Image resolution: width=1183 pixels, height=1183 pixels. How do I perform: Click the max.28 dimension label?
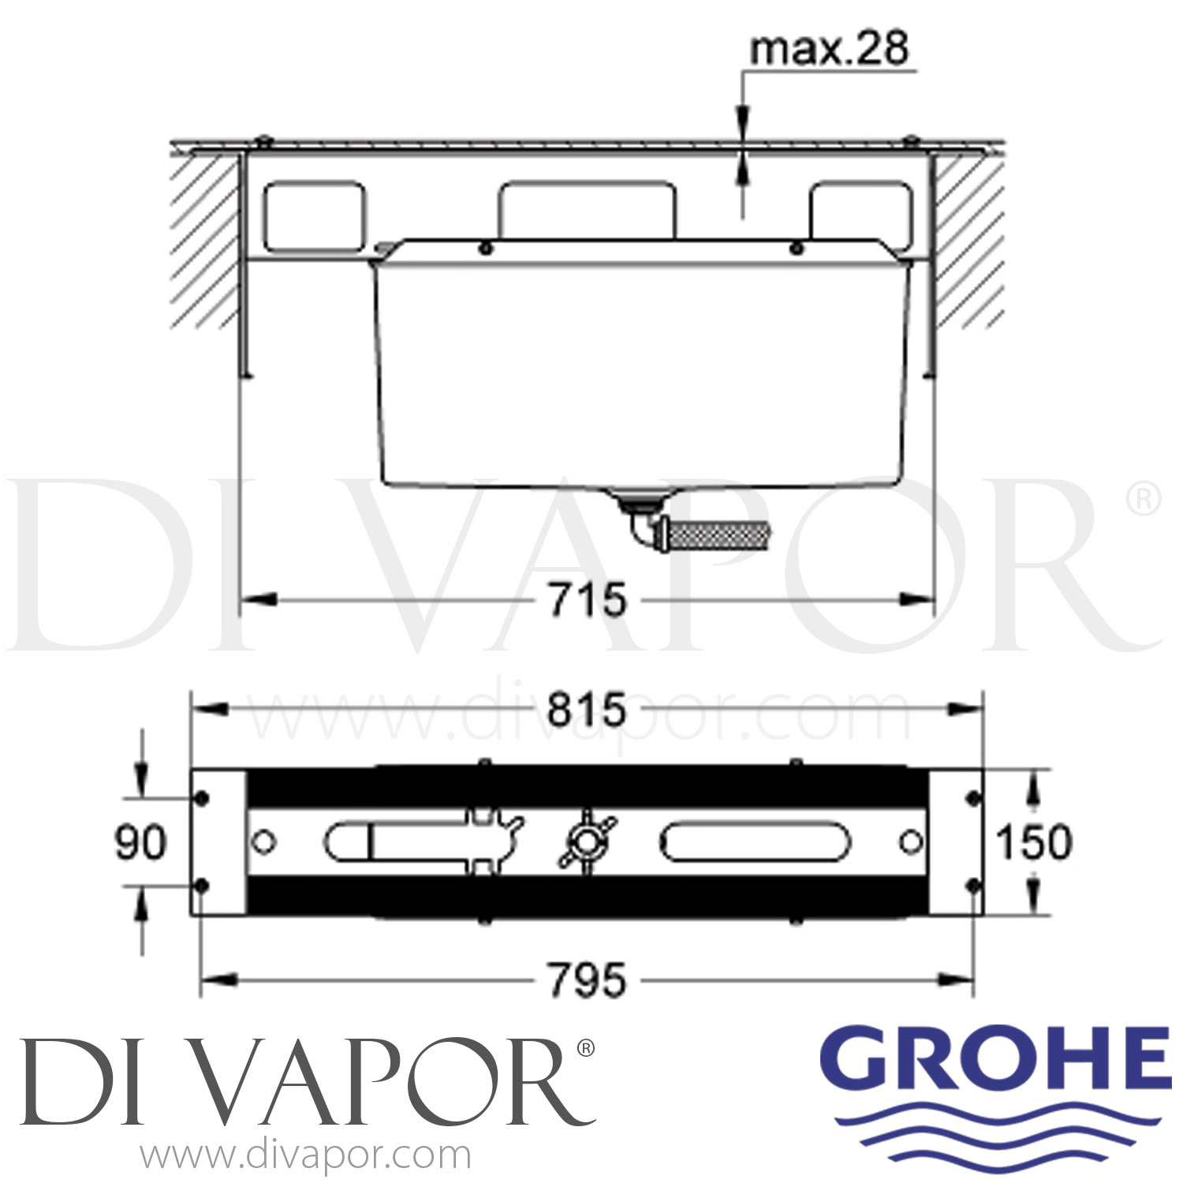pos(829,49)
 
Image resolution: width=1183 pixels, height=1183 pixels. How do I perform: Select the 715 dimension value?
pos(588,600)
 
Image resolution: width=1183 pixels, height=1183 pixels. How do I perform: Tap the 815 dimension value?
pos(588,710)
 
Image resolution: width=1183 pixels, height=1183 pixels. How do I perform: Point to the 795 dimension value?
pos(588,981)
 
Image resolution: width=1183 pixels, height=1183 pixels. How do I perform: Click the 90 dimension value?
pos(140,842)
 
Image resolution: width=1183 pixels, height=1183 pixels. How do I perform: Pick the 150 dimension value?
pos(1034,842)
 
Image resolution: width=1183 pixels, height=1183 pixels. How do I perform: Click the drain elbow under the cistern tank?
pos(643,528)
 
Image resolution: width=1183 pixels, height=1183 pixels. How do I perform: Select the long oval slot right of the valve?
pos(755,842)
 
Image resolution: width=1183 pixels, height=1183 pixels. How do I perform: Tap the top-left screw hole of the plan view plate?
pos(202,798)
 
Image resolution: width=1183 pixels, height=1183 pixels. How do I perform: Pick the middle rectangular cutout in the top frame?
pos(586,210)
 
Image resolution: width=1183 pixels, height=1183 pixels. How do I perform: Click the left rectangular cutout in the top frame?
pos(315,216)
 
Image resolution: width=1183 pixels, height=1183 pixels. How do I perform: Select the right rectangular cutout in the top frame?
pos(860,216)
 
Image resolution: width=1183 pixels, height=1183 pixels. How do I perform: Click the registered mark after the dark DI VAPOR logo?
pos(585,1048)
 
